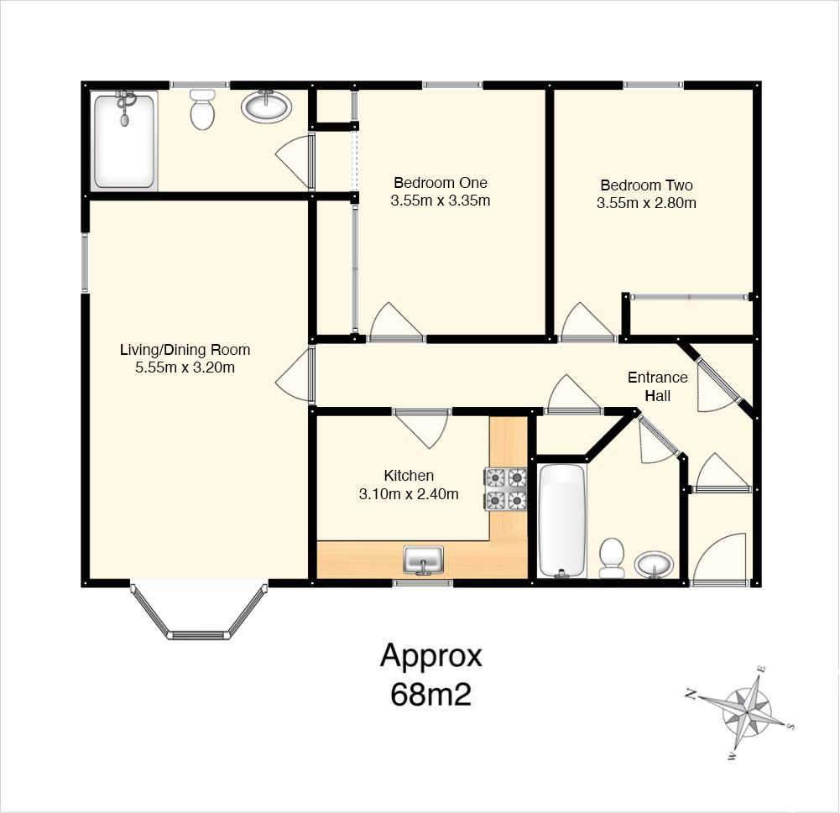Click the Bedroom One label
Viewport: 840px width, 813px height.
tap(441, 183)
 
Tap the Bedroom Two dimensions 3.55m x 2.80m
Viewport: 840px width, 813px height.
tap(647, 203)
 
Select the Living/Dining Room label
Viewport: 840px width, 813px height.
tap(185, 350)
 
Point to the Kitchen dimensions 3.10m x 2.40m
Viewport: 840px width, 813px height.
tap(409, 494)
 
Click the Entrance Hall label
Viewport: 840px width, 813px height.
tap(658, 386)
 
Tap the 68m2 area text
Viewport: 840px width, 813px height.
tap(430, 694)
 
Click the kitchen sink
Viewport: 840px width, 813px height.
tap(423, 560)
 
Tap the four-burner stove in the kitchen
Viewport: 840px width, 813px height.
tap(506, 489)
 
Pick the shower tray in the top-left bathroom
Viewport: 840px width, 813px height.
tap(124, 140)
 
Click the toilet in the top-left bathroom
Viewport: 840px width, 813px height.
tap(202, 110)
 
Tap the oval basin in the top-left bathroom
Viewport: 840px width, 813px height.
tap(266, 106)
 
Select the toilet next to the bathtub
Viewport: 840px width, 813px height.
tap(611, 558)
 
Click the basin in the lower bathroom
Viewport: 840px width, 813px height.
tap(654, 565)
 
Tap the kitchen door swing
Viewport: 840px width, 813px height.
tap(422, 429)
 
